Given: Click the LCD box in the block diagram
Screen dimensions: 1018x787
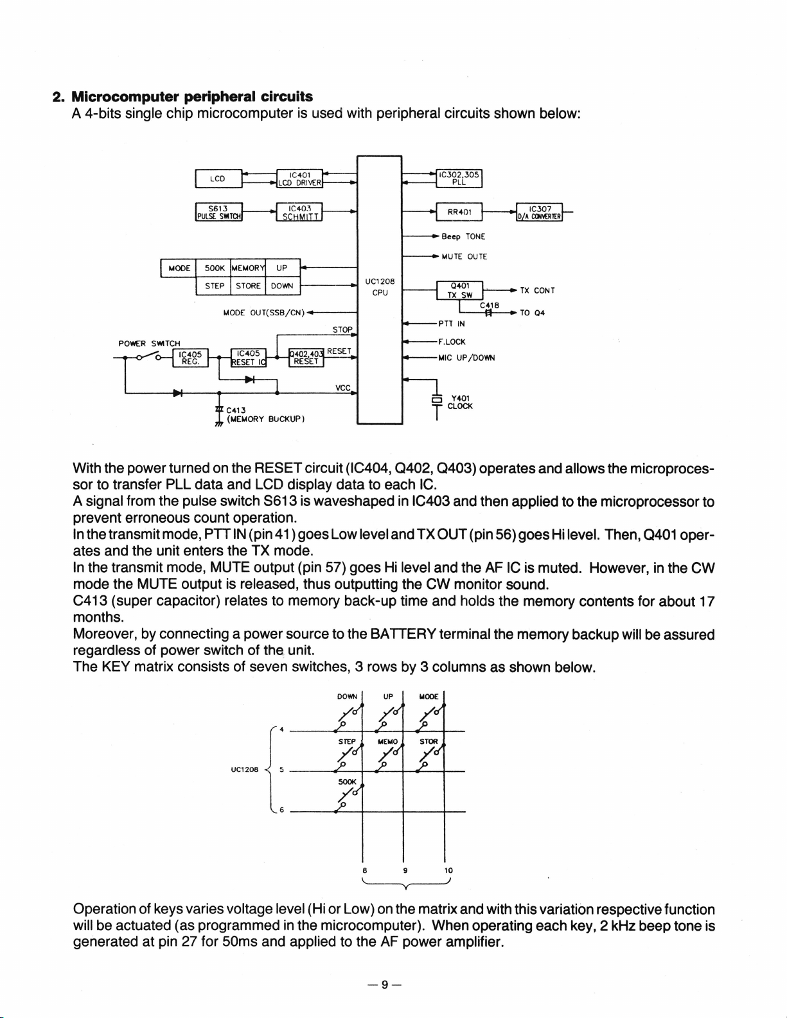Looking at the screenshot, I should pos(218,179).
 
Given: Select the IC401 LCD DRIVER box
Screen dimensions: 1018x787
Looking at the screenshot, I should pos(299,178).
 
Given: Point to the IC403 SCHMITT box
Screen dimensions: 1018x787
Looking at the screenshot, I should pos(299,211).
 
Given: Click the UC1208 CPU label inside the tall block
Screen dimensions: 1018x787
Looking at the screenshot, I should pos(379,286).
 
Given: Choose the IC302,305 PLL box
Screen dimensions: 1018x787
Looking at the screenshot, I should pos(459,177).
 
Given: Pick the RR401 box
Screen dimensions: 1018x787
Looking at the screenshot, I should pos(459,211).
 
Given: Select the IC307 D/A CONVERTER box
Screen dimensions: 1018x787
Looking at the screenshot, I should pos(540,211).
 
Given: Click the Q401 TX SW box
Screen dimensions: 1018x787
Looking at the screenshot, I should pos(460,290).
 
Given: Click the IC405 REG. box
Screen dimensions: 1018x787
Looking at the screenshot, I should pos(190,356).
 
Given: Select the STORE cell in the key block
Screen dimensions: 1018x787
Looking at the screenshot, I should pos(248,286).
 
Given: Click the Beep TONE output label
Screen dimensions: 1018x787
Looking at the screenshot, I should pos(463,236).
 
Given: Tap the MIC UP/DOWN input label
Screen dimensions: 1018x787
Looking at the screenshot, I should pos(466,358).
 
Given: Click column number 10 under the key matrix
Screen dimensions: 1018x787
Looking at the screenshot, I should pos(448,871).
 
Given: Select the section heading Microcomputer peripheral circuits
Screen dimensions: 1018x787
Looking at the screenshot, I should pos(191,97).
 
